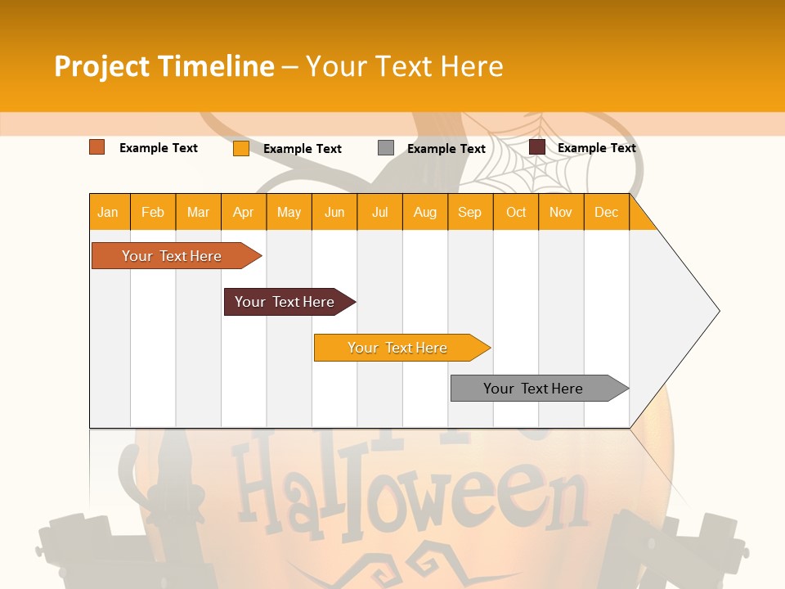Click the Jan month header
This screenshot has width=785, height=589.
click(108, 212)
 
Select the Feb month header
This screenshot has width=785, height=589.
click(153, 212)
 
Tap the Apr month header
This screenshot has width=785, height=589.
click(243, 212)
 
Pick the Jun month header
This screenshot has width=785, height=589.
click(334, 212)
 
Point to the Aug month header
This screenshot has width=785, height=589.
click(425, 212)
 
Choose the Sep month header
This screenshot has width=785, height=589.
click(469, 212)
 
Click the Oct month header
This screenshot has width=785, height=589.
click(516, 212)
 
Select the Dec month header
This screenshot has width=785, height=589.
click(606, 212)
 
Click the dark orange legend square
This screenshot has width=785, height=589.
click(96, 147)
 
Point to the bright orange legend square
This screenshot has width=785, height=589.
click(240, 148)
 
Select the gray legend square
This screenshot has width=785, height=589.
click(386, 148)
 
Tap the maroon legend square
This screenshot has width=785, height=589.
click(537, 147)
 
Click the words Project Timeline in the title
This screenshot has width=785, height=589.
click(164, 66)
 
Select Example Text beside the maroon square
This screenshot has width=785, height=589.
click(596, 148)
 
